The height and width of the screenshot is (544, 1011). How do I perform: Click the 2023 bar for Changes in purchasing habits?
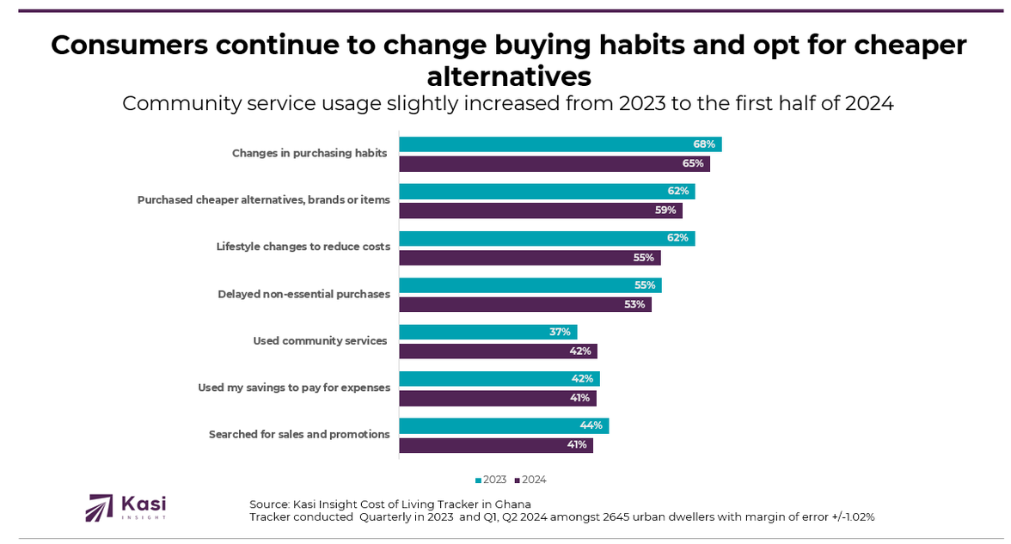(560, 144)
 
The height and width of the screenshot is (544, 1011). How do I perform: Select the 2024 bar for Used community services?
(498, 351)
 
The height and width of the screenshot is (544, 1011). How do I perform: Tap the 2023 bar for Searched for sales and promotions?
(504, 425)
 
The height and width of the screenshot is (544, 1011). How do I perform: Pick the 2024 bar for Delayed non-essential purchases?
(524, 304)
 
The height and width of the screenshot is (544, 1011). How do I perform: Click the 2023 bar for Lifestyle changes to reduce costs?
(547, 238)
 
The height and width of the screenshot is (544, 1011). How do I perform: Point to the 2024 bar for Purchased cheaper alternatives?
(540, 211)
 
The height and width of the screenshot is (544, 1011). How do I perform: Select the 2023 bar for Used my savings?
(499, 379)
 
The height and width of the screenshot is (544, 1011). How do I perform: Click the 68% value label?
(704, 144)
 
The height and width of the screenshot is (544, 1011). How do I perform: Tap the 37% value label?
(560, 332)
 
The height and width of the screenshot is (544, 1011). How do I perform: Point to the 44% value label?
(591, 425)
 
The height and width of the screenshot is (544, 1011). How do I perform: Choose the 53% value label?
(634, 304)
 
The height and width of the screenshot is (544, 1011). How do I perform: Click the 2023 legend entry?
(491, 480)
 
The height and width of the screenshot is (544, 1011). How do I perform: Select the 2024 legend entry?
(530, 480)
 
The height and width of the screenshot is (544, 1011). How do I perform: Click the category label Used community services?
(320, 341)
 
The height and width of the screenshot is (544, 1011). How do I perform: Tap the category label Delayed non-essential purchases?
(303, 294)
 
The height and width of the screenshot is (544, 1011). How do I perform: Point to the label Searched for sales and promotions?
(299, 435)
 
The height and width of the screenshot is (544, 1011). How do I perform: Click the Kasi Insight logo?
(126, 507)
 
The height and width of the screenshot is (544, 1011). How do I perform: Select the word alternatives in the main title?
(509, 76)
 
